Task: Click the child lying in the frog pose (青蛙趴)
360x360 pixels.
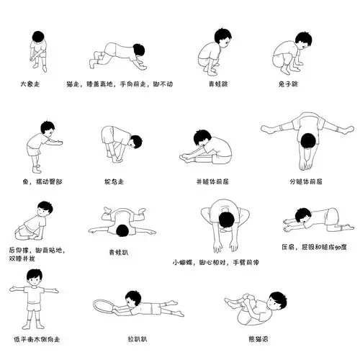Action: click(x=121, y=223)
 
